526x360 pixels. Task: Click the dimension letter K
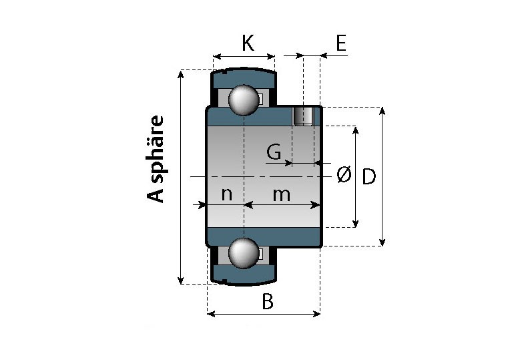pyautogui.click(x=248, y=43)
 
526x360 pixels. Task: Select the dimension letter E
pyautogui.click(x=340, y=44)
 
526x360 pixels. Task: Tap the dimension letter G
pyautogui.click(x=273, y=152)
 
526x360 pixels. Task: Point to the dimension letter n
pyautogui.click(x=227, y=194)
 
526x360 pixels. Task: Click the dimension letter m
pyautogui.click(x=282, y=194)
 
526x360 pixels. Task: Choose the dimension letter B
pyautogui.click(x=267, y=302)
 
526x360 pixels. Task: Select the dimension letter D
pyautogui.click(x=369, y=177)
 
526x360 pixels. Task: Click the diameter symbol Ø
pyautogui.click(x=343, y=175)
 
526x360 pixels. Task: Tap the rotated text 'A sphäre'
pyautogui.click(x=156, y=159)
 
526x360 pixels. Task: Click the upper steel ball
pyautogui.click(x=243, y=100)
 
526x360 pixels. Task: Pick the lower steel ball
pyautogui.click(x=243, y=253)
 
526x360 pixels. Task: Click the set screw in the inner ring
pyautogui.click(x=304, y=116)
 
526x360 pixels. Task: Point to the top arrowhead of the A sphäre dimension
pyautogui.click(x=181, y=73)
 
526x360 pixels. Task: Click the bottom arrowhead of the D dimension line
pyautogui.click(x=382, y=242)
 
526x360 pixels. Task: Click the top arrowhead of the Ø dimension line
pyautogui.click(x=355, y=130)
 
